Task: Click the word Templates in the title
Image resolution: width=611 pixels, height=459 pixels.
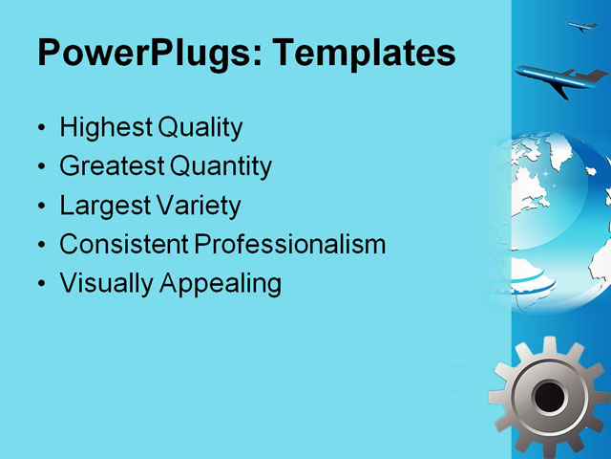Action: (364, 53)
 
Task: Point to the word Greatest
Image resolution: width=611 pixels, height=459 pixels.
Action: (112, 166)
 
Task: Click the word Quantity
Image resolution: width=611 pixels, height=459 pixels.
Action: (221, 166)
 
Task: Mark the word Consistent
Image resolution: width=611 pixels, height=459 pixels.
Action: (124, 245)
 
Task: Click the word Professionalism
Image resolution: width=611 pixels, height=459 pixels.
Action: (290, 245)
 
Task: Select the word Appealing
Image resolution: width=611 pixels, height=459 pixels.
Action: (221, 284)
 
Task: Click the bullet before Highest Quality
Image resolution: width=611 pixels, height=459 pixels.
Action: (40, 128)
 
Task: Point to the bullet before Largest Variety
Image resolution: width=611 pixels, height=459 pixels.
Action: (40, 207)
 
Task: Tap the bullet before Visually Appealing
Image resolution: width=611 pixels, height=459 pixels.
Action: (40, 285)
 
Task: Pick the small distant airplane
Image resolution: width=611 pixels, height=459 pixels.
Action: (582, 27)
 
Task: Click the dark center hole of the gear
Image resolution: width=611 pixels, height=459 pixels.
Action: (548, 394)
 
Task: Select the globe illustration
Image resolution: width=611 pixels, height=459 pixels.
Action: (554, 215)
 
